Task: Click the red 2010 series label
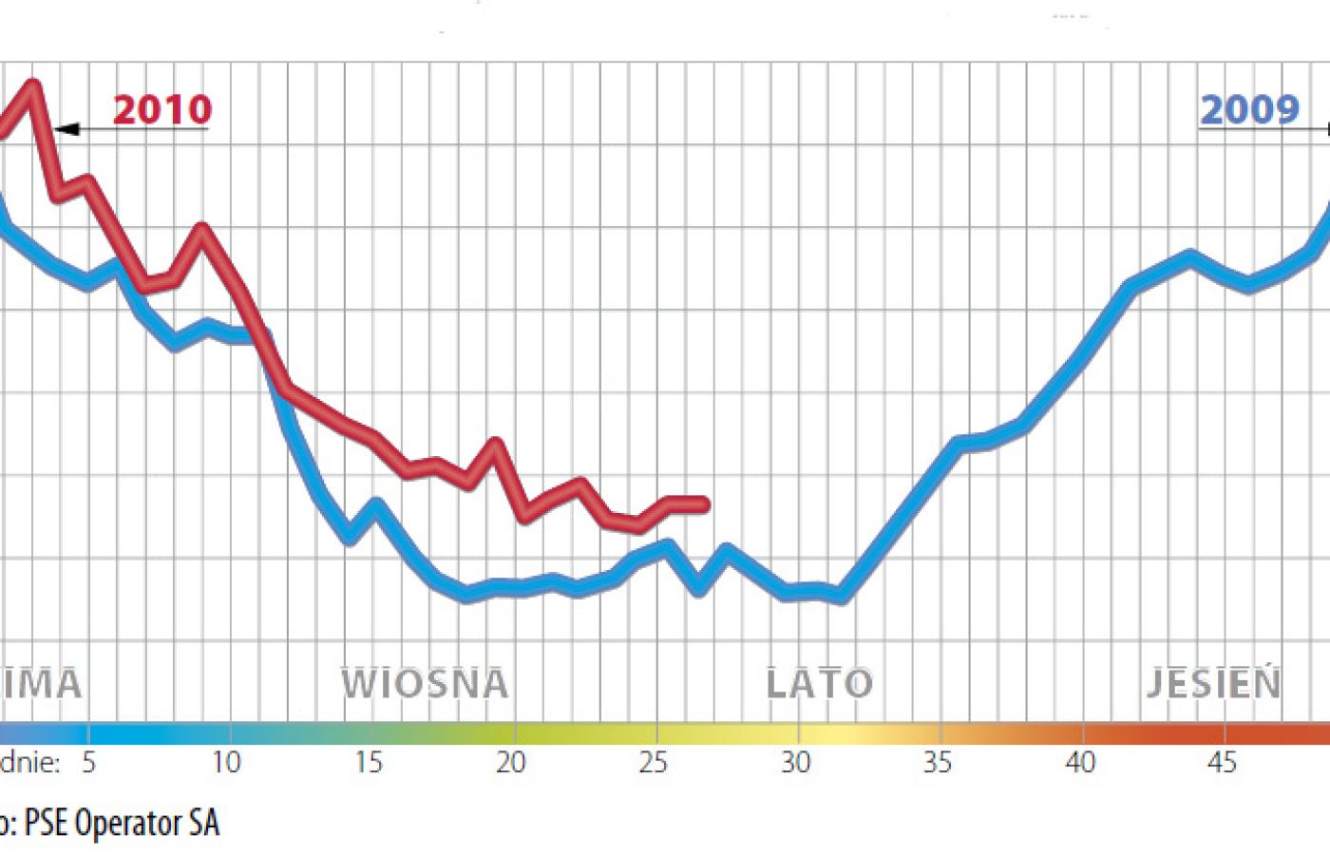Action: (162, 110)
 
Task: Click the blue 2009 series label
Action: (1249, 110)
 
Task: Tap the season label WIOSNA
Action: (425, 684)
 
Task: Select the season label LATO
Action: (819, 684)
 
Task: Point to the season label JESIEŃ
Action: (1213, 684)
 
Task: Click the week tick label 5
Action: (88, 762)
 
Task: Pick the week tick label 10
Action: (226, 762)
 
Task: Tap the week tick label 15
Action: (369, 762)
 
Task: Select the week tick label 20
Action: (510, 762)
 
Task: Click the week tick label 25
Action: (653, 762)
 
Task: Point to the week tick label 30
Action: (795, 762)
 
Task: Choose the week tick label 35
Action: (937, 762)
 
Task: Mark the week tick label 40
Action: (1080, 762)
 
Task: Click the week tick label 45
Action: (1223, 762)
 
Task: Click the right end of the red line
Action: (705, 504)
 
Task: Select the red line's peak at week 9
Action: (201, 228)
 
